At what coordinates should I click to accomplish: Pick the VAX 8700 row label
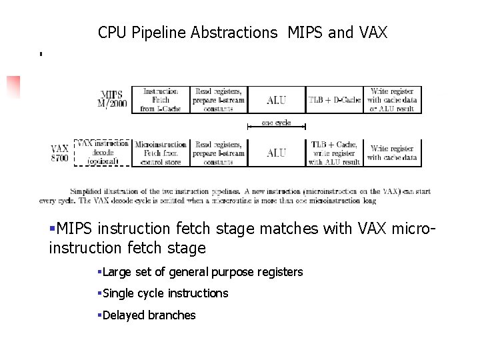[x=61, y=153]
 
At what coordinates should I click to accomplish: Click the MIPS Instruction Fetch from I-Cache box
[x=161, y=100]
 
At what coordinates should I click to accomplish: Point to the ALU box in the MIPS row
[x=276, y=100]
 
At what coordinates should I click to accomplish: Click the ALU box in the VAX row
[x=276, y=153]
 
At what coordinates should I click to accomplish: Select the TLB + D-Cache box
[x=335, y=100]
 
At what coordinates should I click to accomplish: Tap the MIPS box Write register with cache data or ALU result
[x=393, y=100]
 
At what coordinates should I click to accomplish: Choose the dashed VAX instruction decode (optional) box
[x=102, y=152]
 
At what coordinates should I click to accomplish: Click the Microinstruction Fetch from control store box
[x=161, y=153]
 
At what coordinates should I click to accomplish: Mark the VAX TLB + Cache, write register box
[x=335, y=153]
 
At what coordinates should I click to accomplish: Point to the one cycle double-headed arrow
[x=276, y=125]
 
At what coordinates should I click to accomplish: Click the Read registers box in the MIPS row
[x=219, y=100]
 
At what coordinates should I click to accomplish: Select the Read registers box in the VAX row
[x=219, y=153]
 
